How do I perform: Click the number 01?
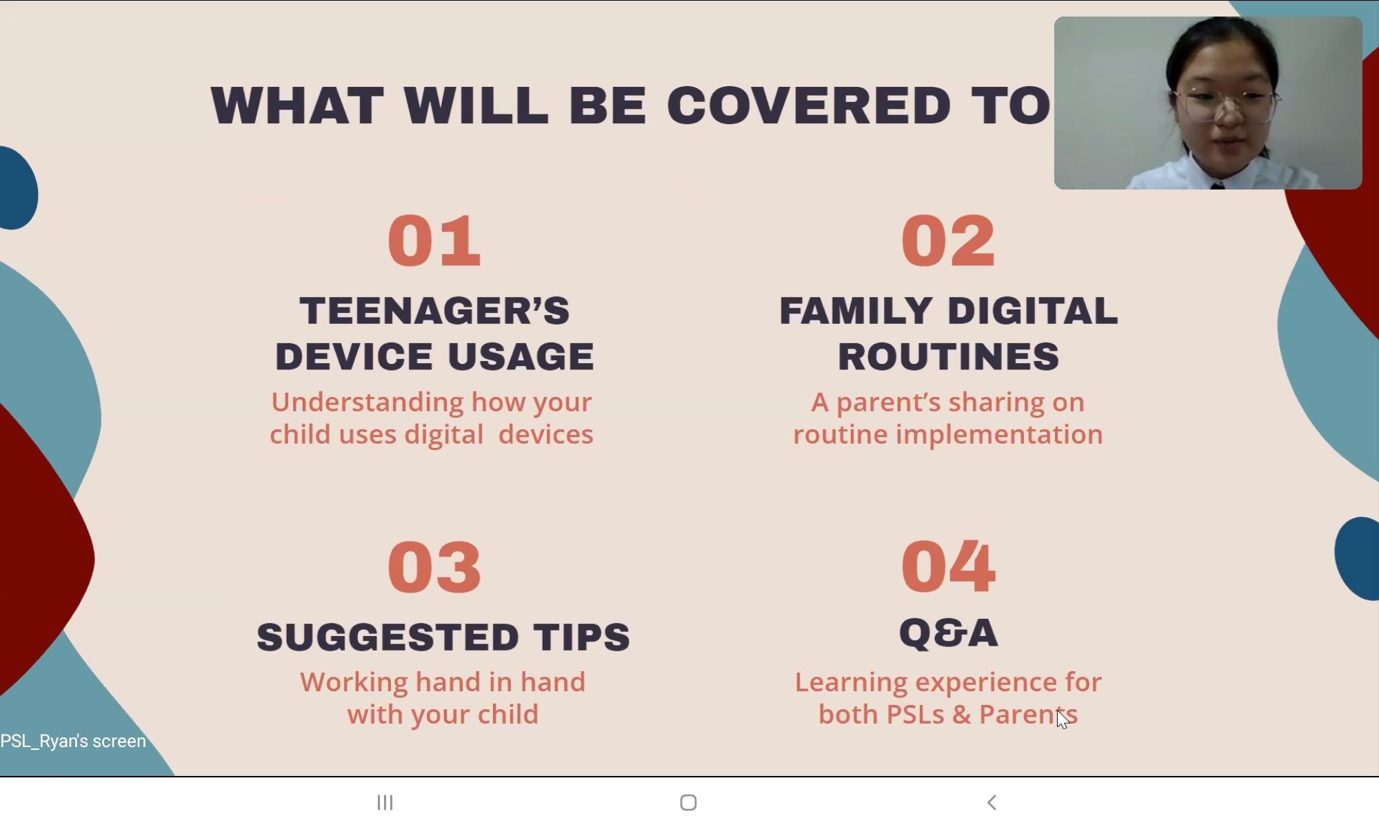click(x=434, y=241)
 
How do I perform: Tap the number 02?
click(x=948, y=241)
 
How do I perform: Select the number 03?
click(x=434, y=566)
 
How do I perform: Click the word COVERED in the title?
click(x=809, y=105)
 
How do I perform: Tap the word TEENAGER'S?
click(x=434, y=311)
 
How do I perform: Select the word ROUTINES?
click(x=948, y=356)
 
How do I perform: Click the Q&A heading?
click(x=948, y=633)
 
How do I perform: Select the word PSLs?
click(x=915, y=714)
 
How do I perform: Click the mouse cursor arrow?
click(x=1062, y=718)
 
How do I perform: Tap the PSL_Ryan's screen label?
click(x=73, y=741)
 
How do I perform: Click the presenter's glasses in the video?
click(x=1224, y=104)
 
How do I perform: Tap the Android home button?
click(x=688, y=802)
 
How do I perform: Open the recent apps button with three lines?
click(x=385, y=802)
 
